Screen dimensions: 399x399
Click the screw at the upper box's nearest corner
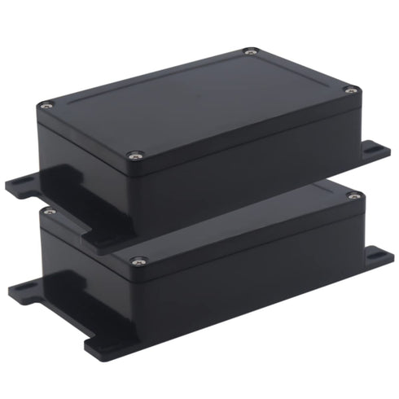pos(136,154)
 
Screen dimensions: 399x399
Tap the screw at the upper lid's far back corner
pos(250,53)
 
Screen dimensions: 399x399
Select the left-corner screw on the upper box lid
pos(46,105)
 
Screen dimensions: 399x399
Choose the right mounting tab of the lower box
pos(376,257)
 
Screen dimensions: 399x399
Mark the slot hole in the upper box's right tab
pos(376,148)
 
